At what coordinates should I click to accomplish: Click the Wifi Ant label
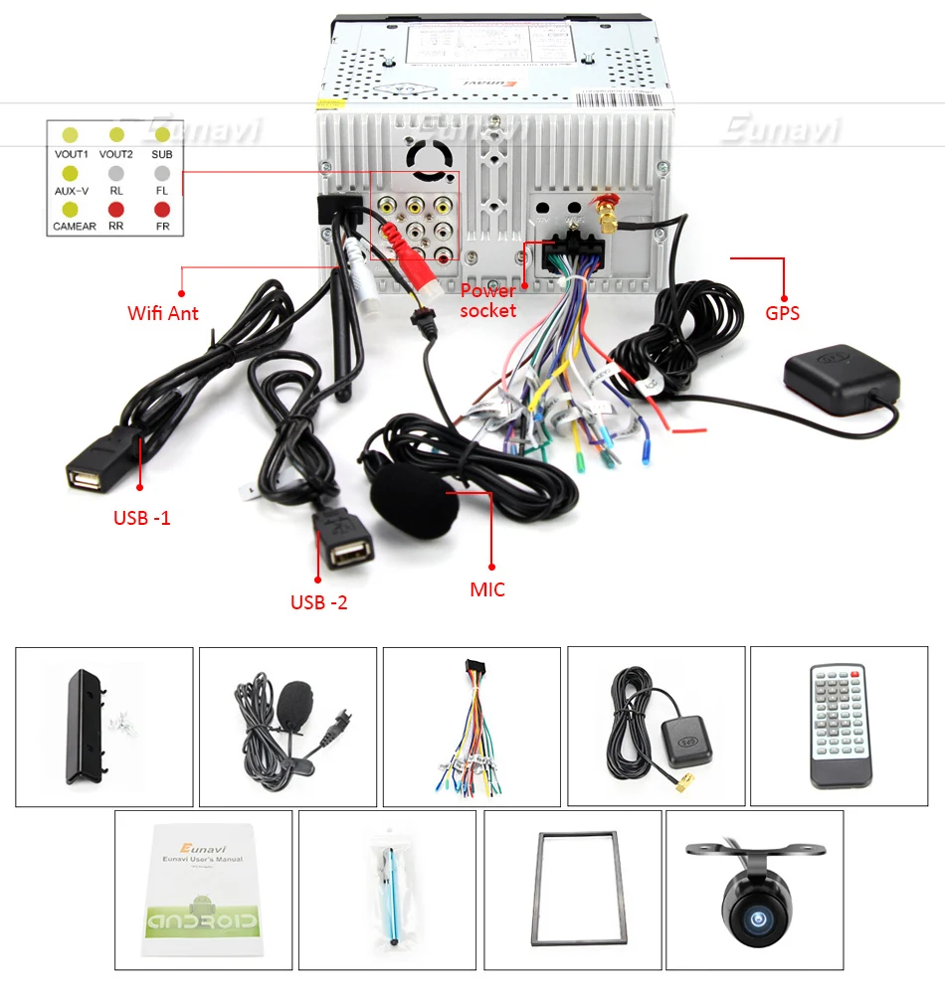163,313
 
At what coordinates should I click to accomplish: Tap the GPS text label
782,313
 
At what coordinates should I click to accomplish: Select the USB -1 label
142,518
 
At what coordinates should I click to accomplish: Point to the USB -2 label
319,601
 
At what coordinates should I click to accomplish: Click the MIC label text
487,589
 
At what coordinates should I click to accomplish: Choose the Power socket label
488,300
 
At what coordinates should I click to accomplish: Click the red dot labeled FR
162,210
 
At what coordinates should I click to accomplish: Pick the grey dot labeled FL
162,172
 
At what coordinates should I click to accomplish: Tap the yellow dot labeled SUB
162,135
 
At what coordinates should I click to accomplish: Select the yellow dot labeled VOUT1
71,135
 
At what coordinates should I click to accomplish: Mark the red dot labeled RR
116,210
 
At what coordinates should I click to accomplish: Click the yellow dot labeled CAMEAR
71,210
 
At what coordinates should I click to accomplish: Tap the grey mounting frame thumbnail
572,890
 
